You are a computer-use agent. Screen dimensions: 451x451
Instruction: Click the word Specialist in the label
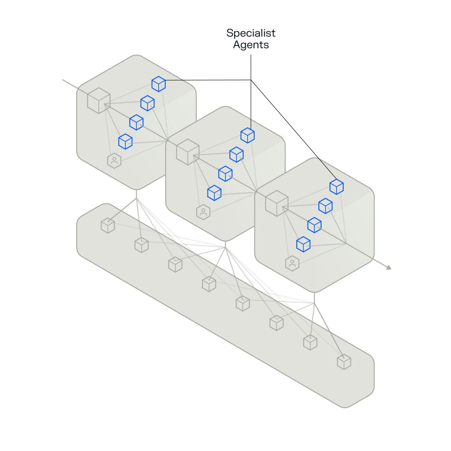point(251,33)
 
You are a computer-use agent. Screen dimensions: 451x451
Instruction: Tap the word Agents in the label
point(251,45)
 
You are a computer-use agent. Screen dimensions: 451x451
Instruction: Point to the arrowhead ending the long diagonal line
point(388,268)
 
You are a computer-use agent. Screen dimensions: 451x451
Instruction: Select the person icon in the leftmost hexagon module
point(114,160)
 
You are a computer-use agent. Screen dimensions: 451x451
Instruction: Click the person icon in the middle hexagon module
point(203,212)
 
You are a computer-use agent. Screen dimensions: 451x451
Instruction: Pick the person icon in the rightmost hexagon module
point(292,263)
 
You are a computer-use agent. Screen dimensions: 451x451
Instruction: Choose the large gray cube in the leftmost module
point(99,100)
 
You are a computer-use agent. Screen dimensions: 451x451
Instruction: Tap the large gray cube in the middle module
point(188,152)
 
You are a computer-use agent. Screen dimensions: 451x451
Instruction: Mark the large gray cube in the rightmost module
point(276,203)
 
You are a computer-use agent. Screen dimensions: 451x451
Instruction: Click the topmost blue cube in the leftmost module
point(158,84)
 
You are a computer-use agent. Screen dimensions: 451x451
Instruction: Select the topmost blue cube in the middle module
point(248,135)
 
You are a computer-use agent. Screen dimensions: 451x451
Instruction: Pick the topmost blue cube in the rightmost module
point(336,187)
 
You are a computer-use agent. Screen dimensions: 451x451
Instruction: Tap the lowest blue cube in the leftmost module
point(125,141)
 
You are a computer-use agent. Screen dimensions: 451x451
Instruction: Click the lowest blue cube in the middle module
point(214,193)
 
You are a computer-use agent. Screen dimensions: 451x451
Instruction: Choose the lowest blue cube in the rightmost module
point(303,244)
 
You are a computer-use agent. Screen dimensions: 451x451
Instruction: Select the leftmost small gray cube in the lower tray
point(108,225)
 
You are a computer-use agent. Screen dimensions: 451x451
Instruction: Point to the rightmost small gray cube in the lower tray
point(344,362)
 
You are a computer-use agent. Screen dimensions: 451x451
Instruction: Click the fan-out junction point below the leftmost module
point(136,199)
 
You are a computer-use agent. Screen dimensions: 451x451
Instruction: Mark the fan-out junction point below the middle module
point(225,248)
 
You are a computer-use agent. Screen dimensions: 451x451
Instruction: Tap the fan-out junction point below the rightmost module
point(314,303)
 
